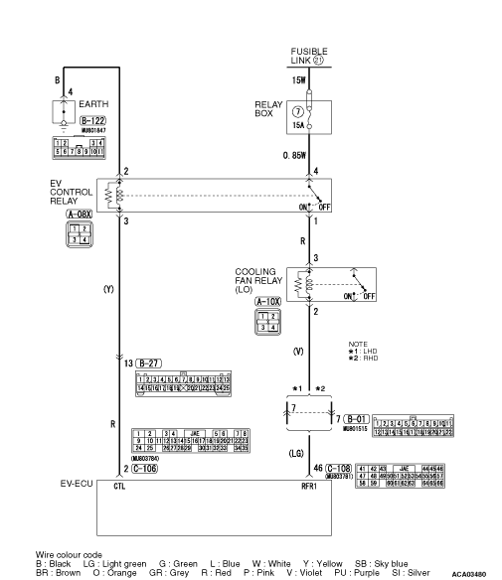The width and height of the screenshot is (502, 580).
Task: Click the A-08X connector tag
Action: [79, 214]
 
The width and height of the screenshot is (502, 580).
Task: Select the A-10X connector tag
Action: [266, 301]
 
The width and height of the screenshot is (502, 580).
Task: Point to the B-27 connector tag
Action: [149, 363]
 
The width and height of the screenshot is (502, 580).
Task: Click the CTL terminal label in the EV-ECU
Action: [119, 487]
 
